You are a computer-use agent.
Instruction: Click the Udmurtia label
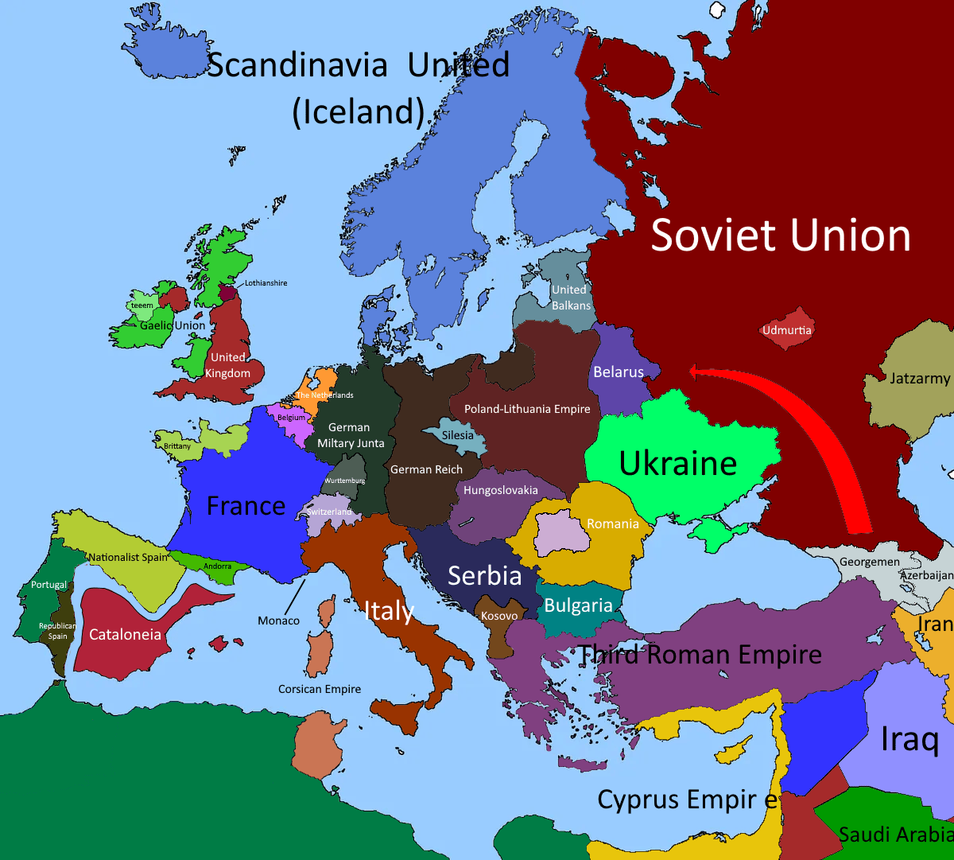coord(787,330)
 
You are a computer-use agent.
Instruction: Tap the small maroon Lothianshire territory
coord(229,293)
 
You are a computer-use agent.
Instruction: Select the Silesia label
coord(457,435)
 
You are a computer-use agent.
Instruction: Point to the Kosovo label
coord(499,616)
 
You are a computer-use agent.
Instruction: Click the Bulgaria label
coord(578,605)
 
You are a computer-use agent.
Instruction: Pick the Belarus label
coord(618,372)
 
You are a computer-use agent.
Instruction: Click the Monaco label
coord(278,621)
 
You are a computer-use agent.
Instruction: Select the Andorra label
coord(218,566)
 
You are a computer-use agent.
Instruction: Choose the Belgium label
coord(291,418)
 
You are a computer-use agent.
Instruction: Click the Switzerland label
coord(329,512)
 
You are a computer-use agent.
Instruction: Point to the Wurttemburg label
coord(344,481)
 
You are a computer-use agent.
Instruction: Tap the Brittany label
coord(177,446)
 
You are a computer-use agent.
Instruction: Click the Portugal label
coord(48,585)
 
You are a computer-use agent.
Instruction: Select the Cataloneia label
coord(125,635)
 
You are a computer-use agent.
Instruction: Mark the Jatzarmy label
coord(919,379)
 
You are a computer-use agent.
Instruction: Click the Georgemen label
coord(870,562)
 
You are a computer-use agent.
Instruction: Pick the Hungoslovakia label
coord(500,490)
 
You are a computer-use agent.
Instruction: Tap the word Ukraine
coord(677,464)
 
